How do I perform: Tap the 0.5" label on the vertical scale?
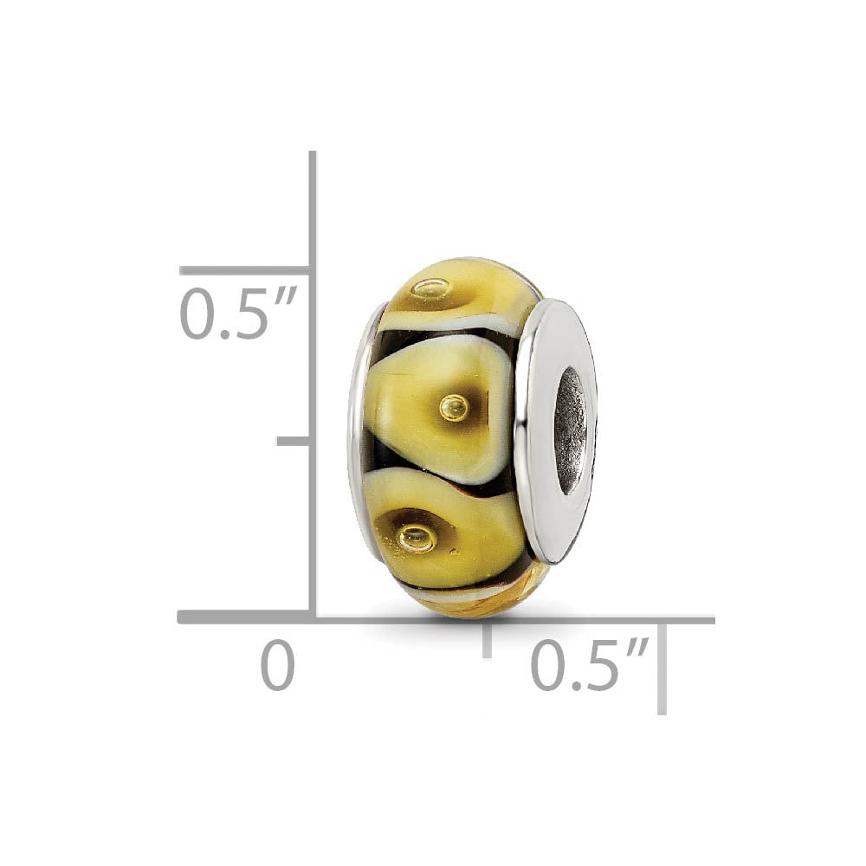[238, 314]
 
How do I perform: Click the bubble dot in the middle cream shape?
[453, 406]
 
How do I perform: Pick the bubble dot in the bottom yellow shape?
[417, 538]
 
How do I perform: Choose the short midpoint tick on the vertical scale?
[294, 441]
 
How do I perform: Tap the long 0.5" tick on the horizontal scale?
[662, 667]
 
